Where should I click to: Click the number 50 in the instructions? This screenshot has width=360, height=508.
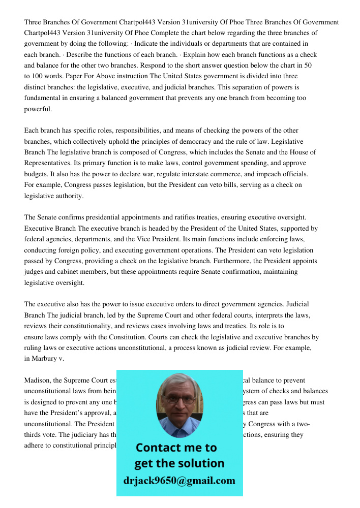[x=308, y=66]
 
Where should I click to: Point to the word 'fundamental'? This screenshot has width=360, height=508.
[x=43, y=98]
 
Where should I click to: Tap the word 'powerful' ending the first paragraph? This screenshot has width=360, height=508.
[x=38, y=109]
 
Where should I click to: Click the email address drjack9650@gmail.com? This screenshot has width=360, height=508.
[x=179, y=481]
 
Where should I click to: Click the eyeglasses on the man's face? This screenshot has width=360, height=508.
[x=179, y=399]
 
